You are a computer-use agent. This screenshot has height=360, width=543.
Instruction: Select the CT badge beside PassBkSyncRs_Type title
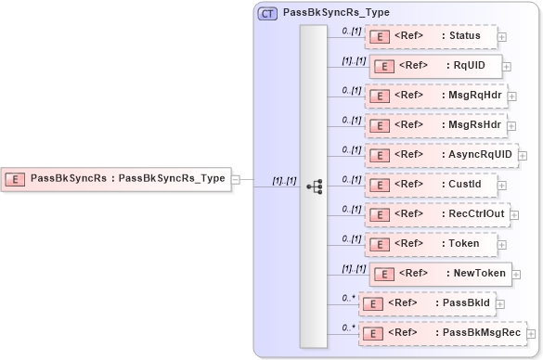pyautogui.click(x=267, y=13)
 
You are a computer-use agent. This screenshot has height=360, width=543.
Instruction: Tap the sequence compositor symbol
pyautogui.click(x=314, y=186)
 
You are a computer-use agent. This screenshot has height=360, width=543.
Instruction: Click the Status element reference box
pyautogui.click(x=431, y=36)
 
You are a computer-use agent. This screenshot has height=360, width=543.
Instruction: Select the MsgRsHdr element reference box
pyautogui.click(x=434, y=124)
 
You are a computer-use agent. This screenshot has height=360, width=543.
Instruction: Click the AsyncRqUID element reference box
pyautogui.click(x=440, y=154)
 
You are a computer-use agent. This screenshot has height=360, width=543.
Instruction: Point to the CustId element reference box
pyautogui.click(x=431, y=184)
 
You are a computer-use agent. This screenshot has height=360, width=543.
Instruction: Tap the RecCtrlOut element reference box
pyautogui.click(x=435, y=214)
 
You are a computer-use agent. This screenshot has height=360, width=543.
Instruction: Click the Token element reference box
pyautogui.click(x=431, y=244)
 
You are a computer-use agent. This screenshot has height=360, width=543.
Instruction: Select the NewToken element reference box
pyautogui.click(x=441, y=274)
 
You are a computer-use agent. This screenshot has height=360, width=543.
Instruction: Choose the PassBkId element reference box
pyautogui.click(x=427, y=303)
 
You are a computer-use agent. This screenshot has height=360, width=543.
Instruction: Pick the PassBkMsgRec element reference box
pyautogui.click(x=440, y=332)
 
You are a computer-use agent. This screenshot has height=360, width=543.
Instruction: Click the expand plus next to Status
pyautogui.click(x=502, y=37)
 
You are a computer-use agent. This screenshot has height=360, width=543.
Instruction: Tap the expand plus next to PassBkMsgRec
pyautogui.click(x=532, y=333)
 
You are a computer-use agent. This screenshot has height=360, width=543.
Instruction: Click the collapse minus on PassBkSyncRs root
pyautogui.click(x=236, y=179)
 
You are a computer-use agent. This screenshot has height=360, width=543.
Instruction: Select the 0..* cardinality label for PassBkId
pyautogui.click(x=349, y=298)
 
